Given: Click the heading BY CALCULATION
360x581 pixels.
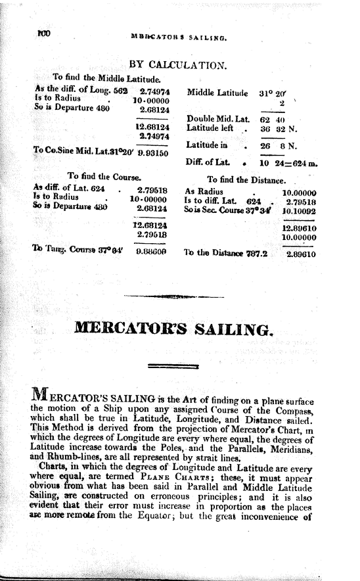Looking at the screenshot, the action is point(178,65).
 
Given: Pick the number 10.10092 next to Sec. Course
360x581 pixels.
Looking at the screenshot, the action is point(299,212).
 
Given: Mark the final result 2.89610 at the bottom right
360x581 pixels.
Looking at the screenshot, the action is point(299,251).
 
